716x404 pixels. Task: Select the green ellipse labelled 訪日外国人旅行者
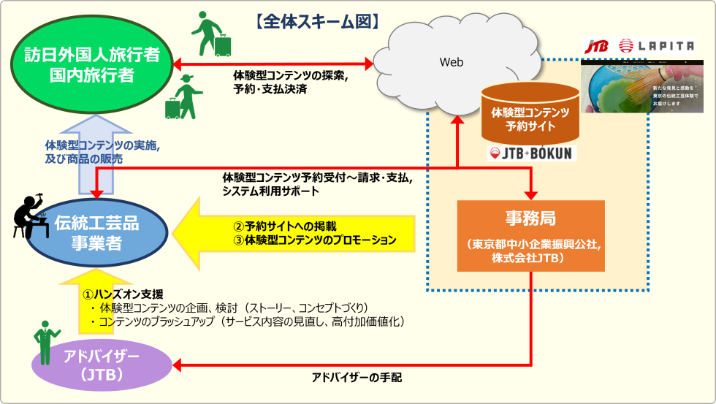[x=91, y=65]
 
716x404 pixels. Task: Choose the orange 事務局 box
[x=530, y=235]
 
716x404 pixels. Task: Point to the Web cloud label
[x=451, y=62]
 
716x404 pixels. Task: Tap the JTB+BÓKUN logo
[x=530, y=153]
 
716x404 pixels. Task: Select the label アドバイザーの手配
[x=357, y=378]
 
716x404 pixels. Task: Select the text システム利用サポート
[x=270, y=191]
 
